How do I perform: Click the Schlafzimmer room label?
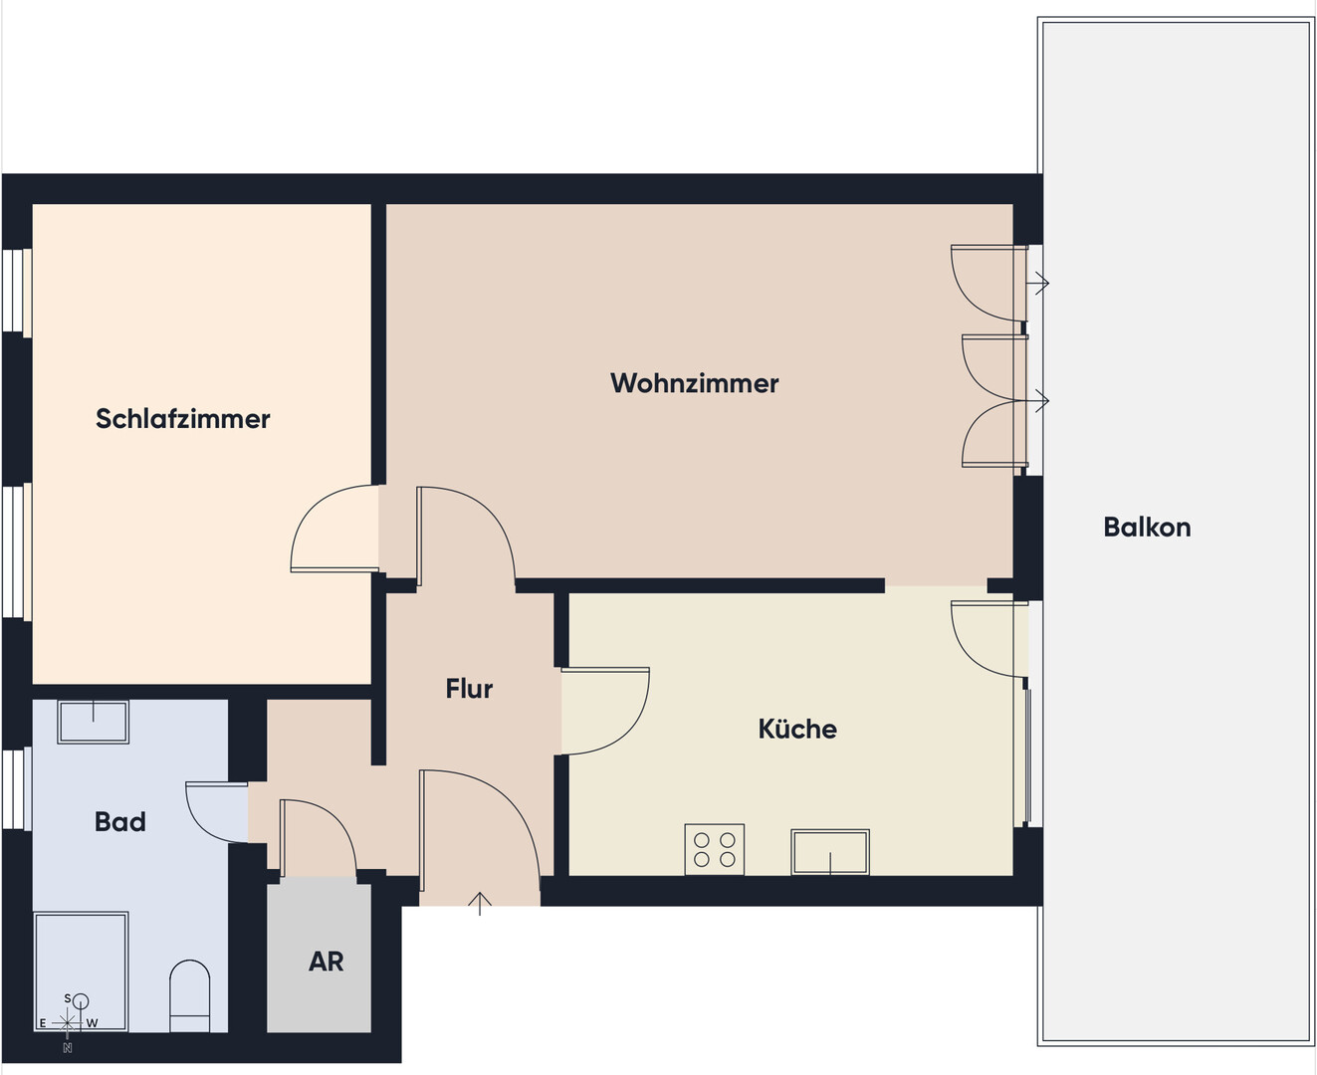(x=182, y=419)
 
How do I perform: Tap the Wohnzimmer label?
(x=695, y=383)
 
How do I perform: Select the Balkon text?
(x=1147, y=528)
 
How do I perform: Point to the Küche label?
(x=797, y=729)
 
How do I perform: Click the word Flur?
(x=469, y=689)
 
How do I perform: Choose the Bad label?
(x=119, y=821)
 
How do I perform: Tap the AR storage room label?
(x=326, y=962)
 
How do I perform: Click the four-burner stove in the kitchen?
(x=715, y=849)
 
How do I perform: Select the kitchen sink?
(x=830, y=851)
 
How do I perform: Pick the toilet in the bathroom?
(x=190, y=995)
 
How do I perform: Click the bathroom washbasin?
(x=93, y=722)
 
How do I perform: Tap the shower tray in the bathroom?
(x=82, y=972)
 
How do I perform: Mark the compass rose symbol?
(x=68, y=1023)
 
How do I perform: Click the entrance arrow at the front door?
(x=480, y=904)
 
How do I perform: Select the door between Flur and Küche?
(x=605, y=711)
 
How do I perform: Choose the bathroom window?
(x=17, y=789)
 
